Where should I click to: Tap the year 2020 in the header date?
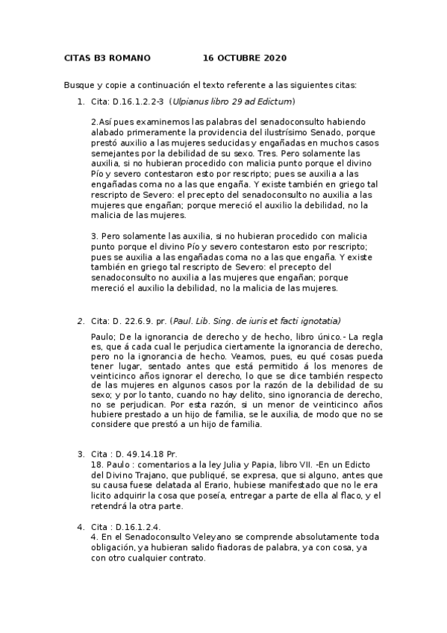click(274, 58)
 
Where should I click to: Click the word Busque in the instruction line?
click(78, 84)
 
